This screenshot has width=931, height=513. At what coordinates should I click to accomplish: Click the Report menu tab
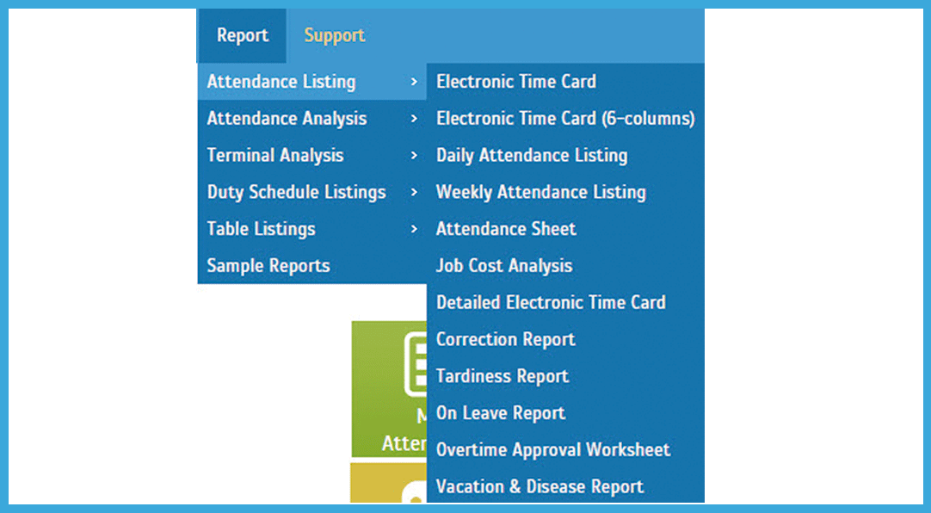coord(243,35)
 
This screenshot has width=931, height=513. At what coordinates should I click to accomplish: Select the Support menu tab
coord(334,35)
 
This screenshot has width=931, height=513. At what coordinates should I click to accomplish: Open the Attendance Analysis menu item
coord(287,119)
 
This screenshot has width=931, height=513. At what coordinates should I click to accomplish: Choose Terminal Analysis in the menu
coord(275,156)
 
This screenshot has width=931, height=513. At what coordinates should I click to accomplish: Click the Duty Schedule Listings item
coord(296,193)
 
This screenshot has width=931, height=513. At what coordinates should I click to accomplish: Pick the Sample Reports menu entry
coord(268,265)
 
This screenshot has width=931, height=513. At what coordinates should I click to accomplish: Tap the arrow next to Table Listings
coord(414,229)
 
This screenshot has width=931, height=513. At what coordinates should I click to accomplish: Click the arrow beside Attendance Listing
coord(414,82)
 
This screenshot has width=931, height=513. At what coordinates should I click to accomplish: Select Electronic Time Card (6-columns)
coord(565,119)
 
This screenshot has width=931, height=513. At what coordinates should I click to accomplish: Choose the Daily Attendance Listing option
coord(532,156)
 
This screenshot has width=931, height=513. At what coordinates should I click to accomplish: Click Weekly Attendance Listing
coord(541,193)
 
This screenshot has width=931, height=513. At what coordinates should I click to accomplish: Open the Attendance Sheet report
coord(506,229)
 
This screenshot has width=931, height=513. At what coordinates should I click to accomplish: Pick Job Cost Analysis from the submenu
coord(504,266)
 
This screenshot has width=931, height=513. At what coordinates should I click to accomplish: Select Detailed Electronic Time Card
coord(551,303)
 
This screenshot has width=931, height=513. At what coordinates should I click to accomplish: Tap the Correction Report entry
coord(506,340)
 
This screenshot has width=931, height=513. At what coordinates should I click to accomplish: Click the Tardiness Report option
coord(502,376)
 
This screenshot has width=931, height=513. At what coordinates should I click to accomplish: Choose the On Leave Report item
coord(501,413)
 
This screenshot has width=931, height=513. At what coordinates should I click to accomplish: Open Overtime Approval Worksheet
coord(553,450)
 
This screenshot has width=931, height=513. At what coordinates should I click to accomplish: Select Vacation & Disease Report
coord(539,487)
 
